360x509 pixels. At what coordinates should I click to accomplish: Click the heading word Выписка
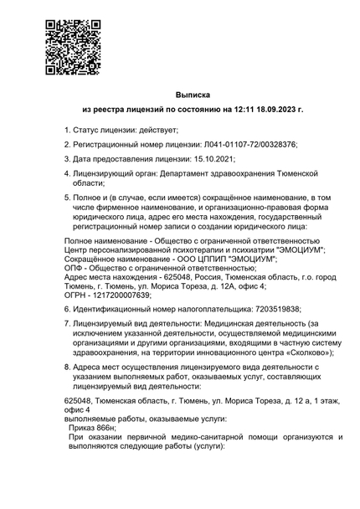tap(193, 95)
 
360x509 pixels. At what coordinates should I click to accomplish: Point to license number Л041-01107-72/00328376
tap(247, 145)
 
